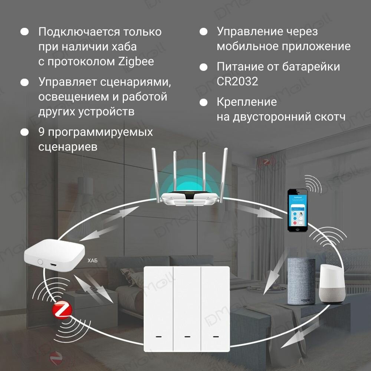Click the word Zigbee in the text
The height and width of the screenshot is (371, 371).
tap(136, 62)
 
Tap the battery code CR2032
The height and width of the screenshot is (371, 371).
tap(237, 82)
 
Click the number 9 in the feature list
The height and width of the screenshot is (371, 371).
tap(42, 132)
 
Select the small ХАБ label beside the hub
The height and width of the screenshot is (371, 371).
tap(92, 261)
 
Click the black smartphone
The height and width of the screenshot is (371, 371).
tap(298, 210)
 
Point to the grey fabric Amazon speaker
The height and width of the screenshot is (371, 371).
tap(301, 281)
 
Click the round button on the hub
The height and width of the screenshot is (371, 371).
tap(39, 262)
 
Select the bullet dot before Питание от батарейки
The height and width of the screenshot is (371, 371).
tap(203, 67)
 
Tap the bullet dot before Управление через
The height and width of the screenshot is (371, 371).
tap(203, 32)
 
